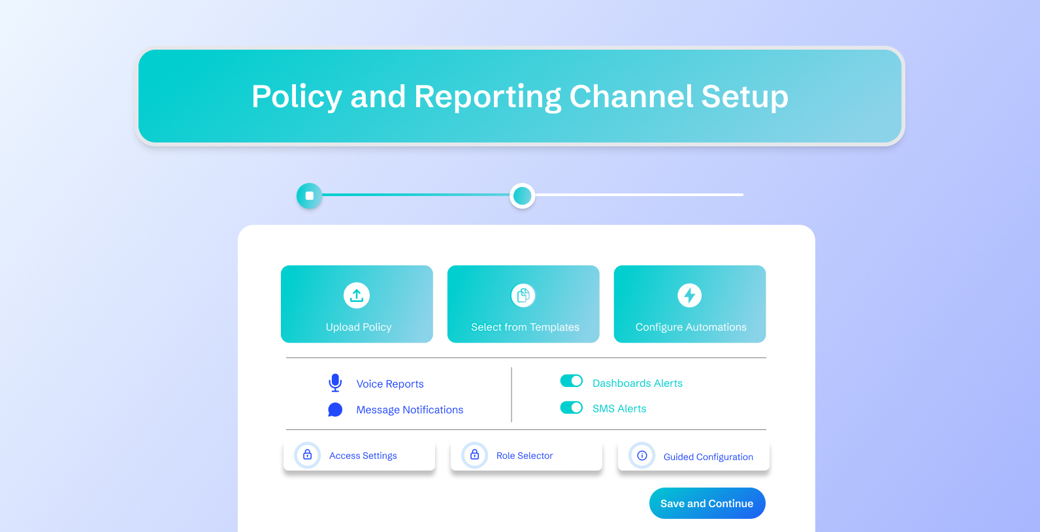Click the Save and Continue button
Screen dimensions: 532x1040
point(707,503)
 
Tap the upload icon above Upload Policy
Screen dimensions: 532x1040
point(357,295)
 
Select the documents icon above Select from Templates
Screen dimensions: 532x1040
point(523,295)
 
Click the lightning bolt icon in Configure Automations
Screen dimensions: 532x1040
point(690,295)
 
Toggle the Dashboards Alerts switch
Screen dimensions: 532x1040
point(572,381)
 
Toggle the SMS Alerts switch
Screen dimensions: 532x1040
point(572,408)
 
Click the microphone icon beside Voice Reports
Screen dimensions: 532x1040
point(335,383)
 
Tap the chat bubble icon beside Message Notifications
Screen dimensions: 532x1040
point(335,410)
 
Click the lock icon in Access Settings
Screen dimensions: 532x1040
point(308,455)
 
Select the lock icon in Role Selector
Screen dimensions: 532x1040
point(475,455)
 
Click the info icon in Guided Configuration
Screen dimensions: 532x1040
point(642,456)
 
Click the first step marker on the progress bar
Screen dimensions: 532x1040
point(310,195)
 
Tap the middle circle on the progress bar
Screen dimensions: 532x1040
point(522,195)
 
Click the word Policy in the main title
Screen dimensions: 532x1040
point(297,97)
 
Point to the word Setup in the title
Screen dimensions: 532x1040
point(745,97)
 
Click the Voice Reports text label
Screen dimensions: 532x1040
point(390,384)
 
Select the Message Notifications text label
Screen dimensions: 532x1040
point(410,410)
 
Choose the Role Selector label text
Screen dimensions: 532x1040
point(525,456)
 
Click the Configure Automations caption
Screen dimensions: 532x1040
point(691,327)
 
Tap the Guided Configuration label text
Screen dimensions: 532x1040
point(708,457)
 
